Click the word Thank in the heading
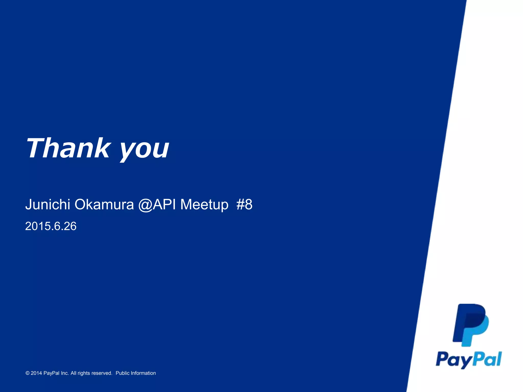click(68, 148)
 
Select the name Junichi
click(48, 204)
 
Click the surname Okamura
click(104, 204)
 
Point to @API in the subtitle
click(157, 204)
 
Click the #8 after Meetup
click(244, 204)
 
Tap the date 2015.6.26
click(51, 226)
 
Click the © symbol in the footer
click(28, 373)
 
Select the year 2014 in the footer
click(36, 373)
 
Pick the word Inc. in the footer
click(65, 373)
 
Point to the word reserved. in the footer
click(102, 373)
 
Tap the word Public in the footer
click(122, 373)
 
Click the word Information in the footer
click(143, 373)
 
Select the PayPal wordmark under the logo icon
click(469, 360)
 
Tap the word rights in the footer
click(84, 373)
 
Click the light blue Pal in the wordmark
click(488, 359)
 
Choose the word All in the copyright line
click(73, 373)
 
